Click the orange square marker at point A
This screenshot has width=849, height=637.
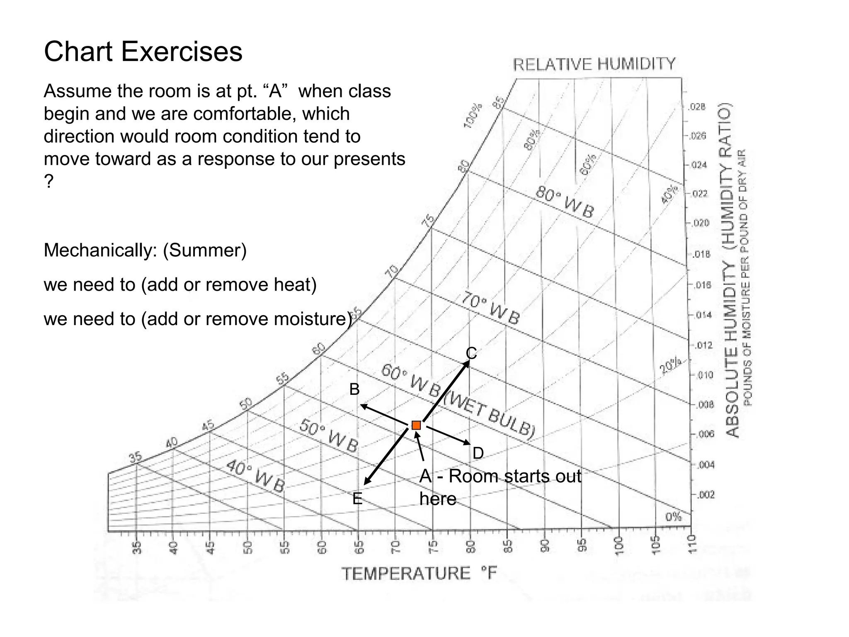point(416,425)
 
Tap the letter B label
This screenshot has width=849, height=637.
point(354,389)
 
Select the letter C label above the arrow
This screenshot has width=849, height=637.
point(471,353)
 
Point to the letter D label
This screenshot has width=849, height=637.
point(478,453)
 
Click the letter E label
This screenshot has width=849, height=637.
point(357,498)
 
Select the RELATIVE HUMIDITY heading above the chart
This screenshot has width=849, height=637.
point(594,65)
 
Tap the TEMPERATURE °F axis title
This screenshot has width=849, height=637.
point(419,574)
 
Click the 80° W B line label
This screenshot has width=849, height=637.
point(565,202)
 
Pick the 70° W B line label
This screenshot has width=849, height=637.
point(490,309)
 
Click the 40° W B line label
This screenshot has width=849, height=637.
point(256,477)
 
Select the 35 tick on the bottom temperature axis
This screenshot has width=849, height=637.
point(137,547)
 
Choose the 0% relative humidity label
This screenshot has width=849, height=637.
point(673,517)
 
